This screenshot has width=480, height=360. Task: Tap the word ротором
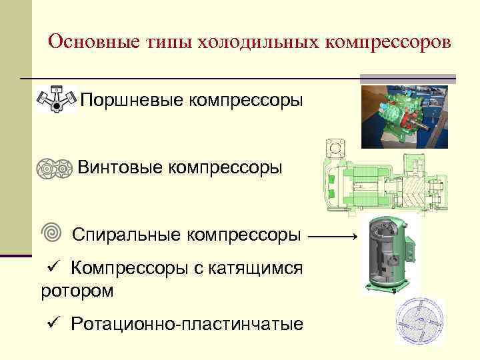(77, 291)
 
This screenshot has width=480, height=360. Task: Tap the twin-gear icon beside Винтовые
(53, 167)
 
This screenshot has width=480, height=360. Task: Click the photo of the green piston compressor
(404, 115)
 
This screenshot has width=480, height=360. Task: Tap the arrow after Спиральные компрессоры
(334, 236)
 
